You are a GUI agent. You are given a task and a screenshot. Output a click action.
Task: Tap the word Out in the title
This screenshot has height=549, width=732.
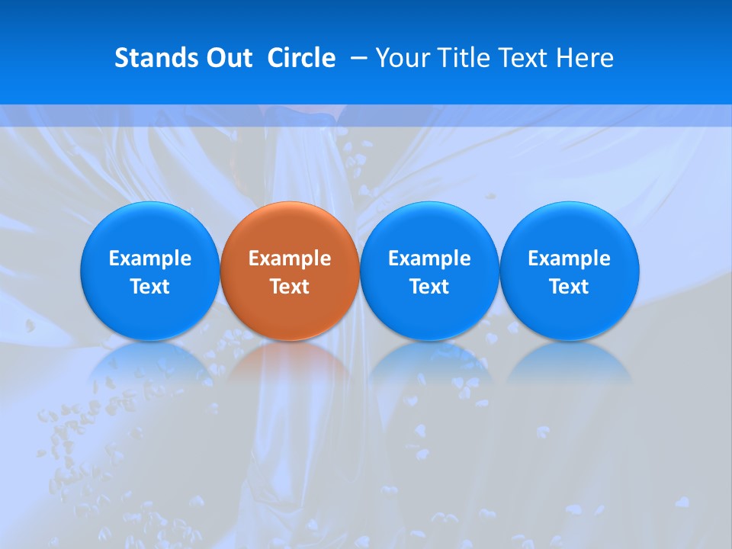[x=227, y=58]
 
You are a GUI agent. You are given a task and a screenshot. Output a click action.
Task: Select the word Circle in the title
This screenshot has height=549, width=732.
[x=301, y=58]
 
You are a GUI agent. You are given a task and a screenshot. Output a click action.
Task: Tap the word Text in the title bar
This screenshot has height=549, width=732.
[x=525, y=58]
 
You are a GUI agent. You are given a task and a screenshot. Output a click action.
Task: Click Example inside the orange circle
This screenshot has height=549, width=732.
[x=290, y=258]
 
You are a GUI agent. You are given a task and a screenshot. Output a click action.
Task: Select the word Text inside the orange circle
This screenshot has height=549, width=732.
[x=290, y=287]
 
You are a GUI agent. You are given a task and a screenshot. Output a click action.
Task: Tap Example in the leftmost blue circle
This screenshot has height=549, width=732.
[x=150, y=258]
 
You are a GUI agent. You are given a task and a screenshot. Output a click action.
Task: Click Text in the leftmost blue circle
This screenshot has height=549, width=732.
[x=150, y=287]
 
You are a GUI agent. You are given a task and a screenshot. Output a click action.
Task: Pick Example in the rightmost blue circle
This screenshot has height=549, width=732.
[x=569, y=258]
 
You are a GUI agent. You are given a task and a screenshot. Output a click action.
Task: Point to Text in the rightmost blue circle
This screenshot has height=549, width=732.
[x=569, y=287]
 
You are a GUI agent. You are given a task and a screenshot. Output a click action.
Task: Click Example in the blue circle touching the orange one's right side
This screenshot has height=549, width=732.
[x=429, y=258]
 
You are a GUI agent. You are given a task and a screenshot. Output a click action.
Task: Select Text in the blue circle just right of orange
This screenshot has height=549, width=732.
[x=429, y=287]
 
